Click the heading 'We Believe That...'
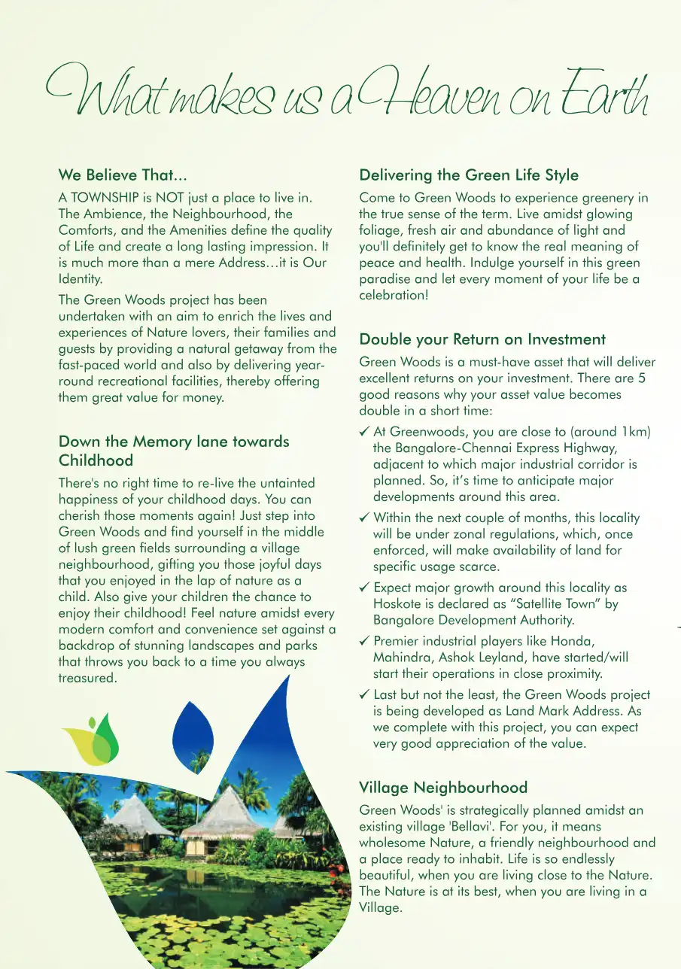pos(123,175)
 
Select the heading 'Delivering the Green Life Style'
pos(469,175)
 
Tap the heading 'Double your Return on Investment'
pos(482,339)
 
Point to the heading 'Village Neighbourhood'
pos(443,788)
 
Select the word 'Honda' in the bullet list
pos(572,641)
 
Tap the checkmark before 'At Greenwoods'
pos(364,432)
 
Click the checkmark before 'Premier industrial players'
pos(364,641)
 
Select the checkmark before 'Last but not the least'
pos(364,694)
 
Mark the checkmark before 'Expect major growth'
pos(364,588)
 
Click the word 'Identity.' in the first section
pos(80,278)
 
